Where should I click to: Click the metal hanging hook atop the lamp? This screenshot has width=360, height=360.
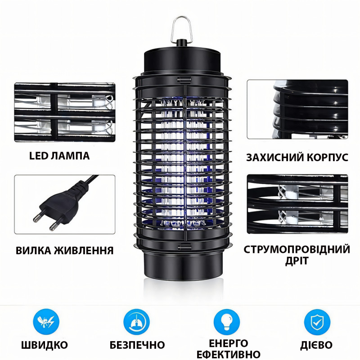[x=172, y=30]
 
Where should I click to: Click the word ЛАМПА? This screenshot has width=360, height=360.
[x=70, y=156]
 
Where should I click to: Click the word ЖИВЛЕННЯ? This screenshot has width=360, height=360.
[x=84, y=250]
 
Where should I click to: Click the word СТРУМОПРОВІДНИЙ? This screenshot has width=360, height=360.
[x=297, y=250]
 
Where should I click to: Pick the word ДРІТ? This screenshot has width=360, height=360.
[x=297, y=261]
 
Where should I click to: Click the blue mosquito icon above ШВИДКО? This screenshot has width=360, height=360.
[x=46, y=322]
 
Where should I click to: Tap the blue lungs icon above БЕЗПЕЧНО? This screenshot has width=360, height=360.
[x=137, y=322]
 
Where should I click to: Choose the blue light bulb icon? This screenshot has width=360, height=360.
[x=227, y=322]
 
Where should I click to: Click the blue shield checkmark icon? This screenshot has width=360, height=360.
[x=317, y=322]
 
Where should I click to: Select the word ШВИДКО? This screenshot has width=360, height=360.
[x=45, y=345]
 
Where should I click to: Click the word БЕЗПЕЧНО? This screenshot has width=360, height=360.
[x=137, y=345]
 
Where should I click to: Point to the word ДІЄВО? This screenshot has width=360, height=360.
[x=316, y=345]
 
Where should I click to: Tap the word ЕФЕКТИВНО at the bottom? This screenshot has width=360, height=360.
[x=229, y=354]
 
